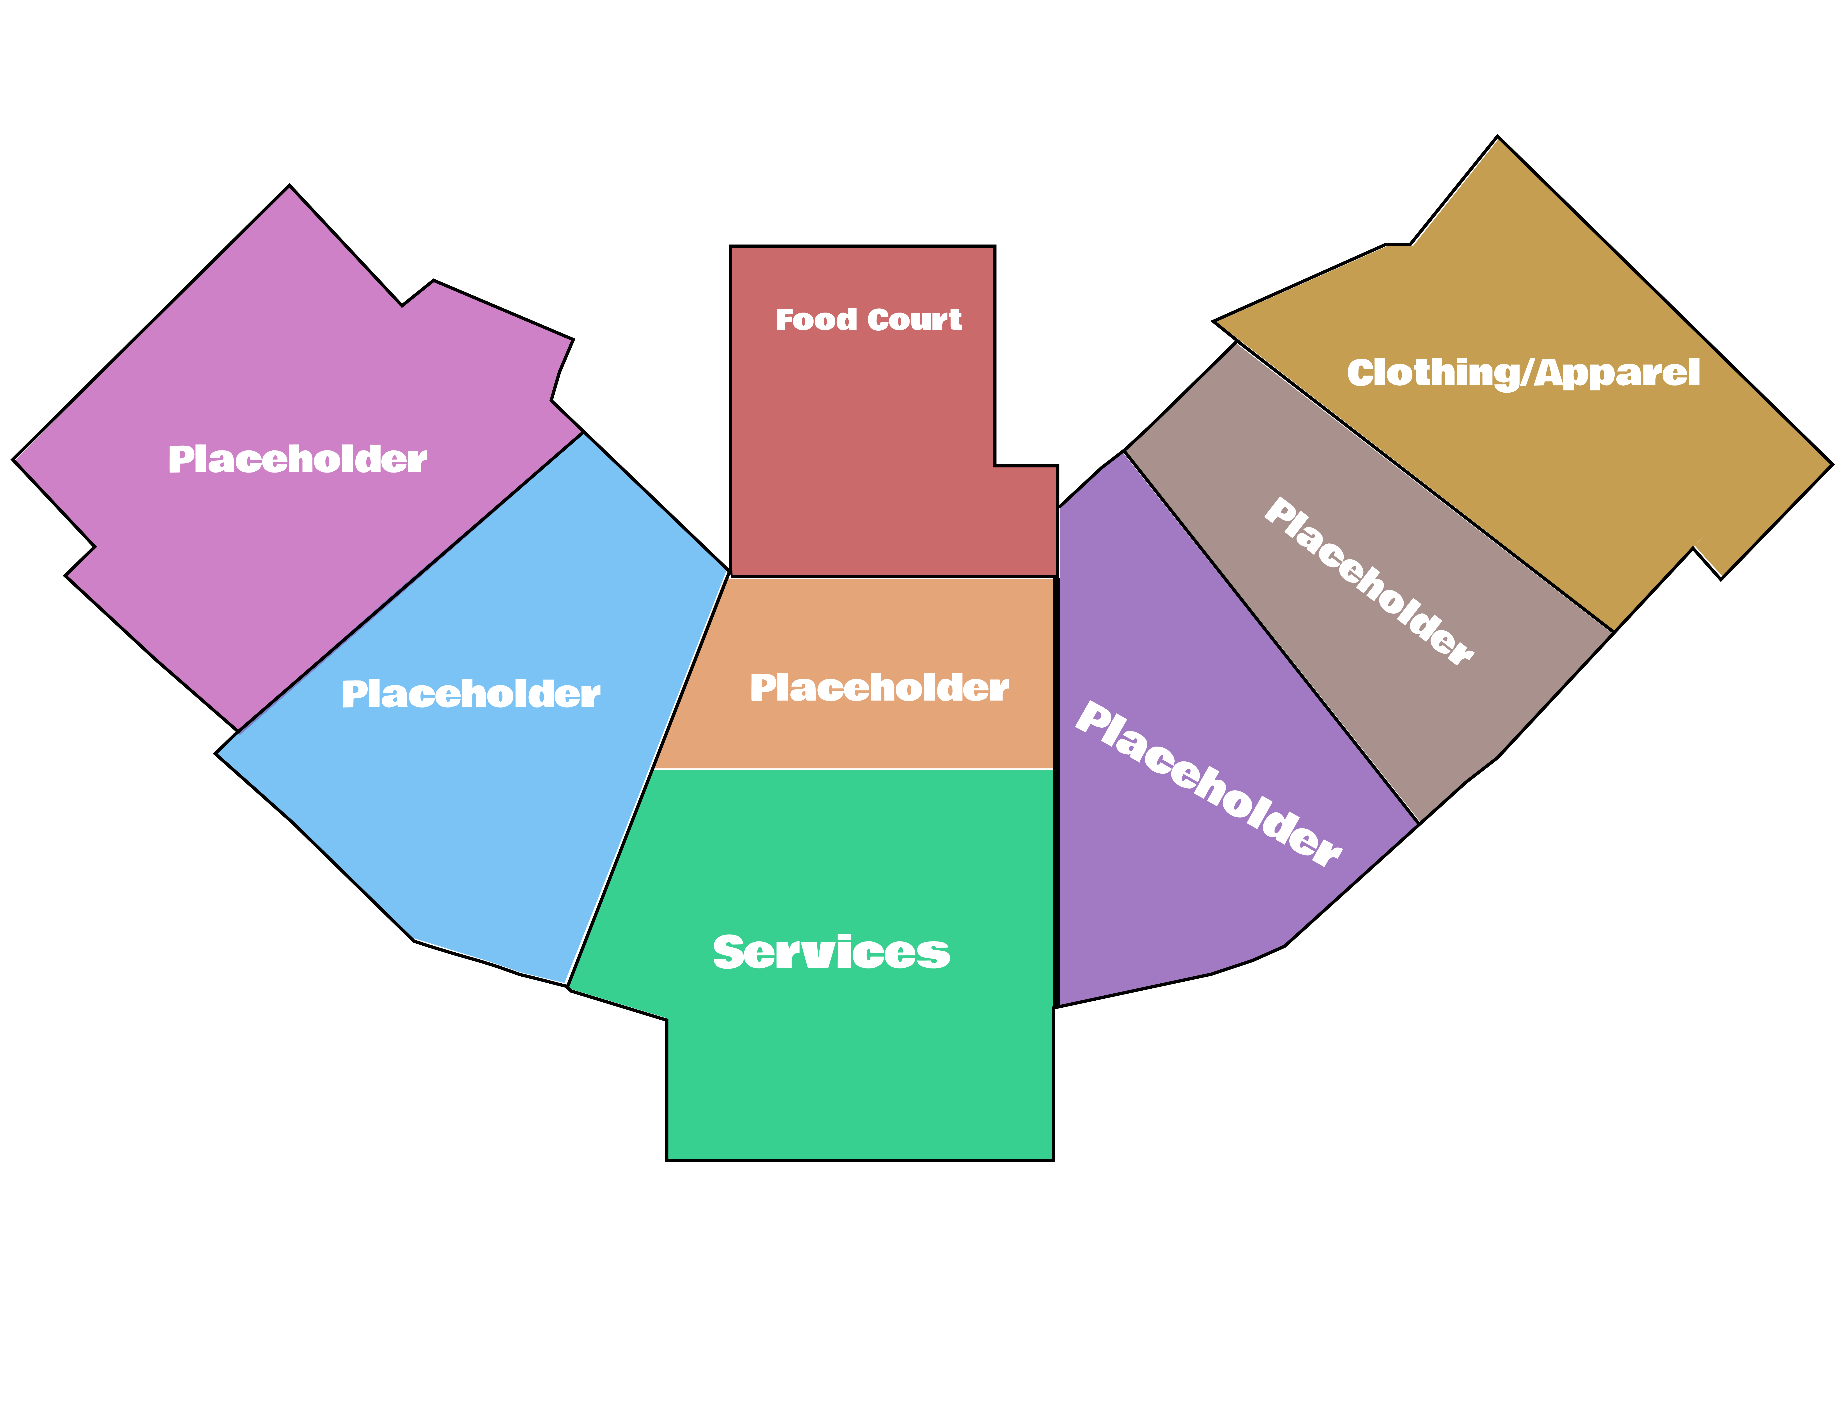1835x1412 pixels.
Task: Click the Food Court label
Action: (x=868, y=320)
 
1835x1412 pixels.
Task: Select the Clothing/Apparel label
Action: (x=1522, y=373)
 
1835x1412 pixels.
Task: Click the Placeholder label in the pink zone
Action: (x=297, y=460)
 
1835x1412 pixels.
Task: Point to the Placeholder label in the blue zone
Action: (x=471, y=694)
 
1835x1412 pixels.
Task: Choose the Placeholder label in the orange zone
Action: (x=879, y=688)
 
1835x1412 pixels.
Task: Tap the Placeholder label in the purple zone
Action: (x=1208, y=783)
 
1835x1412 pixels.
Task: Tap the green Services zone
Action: (x=857, y=1067)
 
